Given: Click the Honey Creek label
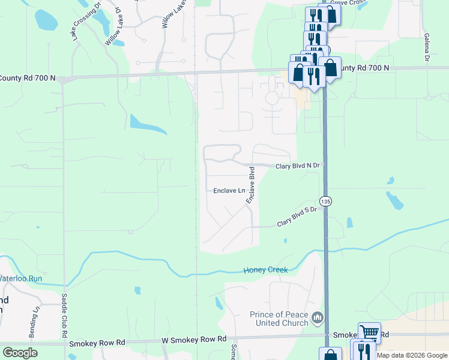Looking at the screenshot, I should (265, 270).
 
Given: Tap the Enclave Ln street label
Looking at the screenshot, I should (229, 191).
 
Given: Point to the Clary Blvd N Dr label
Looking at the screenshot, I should (300, 166).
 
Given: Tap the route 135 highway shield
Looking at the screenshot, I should (325, 200).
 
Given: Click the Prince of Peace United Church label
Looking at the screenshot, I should (279, 319).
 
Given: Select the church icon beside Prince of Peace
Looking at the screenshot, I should (318, 317).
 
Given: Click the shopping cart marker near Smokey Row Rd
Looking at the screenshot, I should (369, 332).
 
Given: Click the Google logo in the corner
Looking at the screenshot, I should (20, 353).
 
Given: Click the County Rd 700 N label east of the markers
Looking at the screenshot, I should (363, 68).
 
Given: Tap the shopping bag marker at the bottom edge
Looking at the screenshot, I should (330, 355).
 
